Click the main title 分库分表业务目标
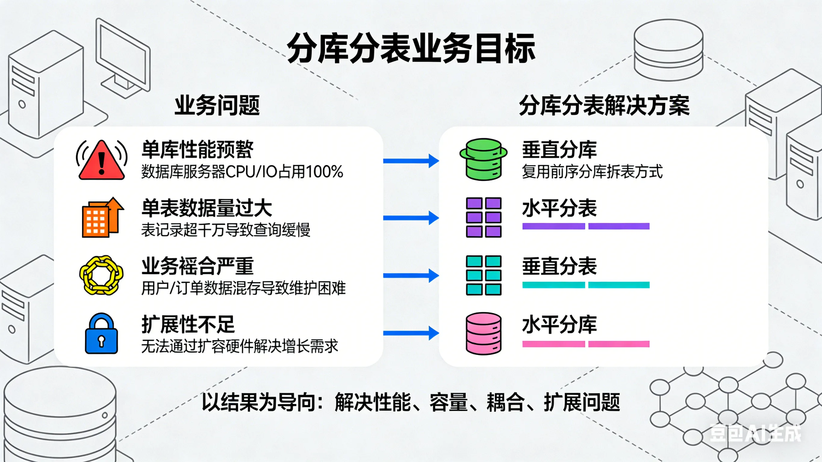point(411,49)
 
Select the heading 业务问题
point(217,105)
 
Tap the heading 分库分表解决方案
point(604,105)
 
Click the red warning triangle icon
point(101,160)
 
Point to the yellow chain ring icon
point(101,275)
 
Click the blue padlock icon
point(101,334)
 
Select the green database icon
point(484,159)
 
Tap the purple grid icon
point(484,217)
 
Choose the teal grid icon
point(484,275)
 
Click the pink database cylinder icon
point(484,333)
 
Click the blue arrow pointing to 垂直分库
point(411,161)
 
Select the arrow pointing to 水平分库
point(411,333)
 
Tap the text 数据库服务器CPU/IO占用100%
point(242,172)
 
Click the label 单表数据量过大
point(207,208)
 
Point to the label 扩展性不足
point(188,324)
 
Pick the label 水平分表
point(559,208)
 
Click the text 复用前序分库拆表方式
point(592,172)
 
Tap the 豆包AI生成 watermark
point(755,433)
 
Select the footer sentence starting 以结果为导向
point(411,402)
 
